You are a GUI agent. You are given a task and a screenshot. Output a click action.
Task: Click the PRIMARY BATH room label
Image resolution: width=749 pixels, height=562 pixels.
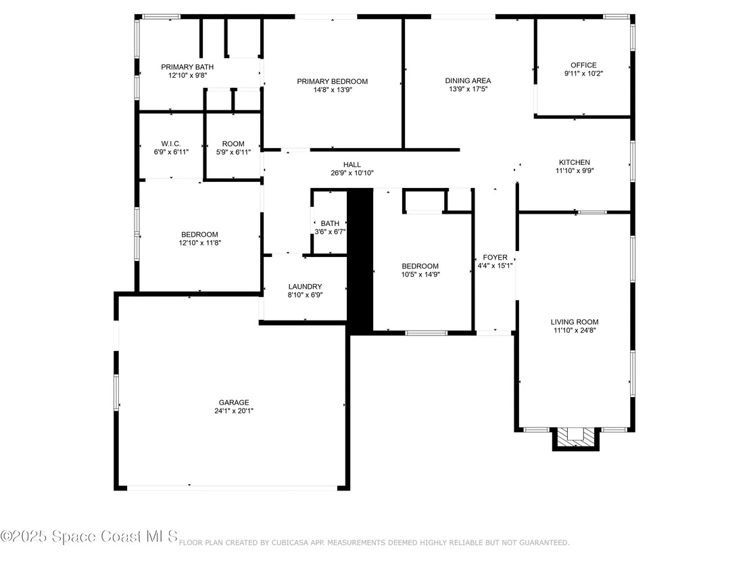click(187, 67)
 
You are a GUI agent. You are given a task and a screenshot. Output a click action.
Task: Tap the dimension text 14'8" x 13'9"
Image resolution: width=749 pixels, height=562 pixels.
click(333, 90)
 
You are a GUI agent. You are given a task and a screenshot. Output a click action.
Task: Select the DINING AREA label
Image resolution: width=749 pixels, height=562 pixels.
click(468, 80)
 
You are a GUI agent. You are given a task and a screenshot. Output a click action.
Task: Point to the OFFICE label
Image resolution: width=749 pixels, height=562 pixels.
click(584, 65)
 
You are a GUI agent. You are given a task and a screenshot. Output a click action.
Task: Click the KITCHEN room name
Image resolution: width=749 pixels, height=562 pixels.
click(575, 162)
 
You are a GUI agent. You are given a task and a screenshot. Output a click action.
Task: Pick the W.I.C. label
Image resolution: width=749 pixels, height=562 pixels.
click(171, 144)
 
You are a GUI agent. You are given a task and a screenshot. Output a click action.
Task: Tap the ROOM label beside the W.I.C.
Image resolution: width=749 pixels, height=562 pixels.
click(233, 144)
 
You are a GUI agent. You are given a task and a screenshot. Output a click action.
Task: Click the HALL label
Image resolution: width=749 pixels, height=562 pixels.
click(352, 165)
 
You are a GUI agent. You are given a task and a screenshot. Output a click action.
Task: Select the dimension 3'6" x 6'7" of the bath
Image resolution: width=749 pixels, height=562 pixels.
click(330, 232)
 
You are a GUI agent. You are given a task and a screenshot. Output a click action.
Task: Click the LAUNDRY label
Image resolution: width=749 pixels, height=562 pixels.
click(306, 287)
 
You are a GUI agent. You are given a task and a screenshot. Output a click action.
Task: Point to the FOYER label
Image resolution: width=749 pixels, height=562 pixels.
click(496, 258)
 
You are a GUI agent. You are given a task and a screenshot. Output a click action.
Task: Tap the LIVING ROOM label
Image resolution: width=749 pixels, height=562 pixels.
click(575, 322)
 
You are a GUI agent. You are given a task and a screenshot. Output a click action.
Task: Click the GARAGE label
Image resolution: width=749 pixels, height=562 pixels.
click(234, 403)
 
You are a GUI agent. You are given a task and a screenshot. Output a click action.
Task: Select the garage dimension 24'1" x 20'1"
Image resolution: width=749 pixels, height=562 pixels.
click(234, 411)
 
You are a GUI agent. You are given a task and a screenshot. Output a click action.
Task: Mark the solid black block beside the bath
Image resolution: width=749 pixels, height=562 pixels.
click(360, 261)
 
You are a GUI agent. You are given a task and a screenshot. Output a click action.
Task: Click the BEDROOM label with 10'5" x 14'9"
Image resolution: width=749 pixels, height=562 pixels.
click(420, 266)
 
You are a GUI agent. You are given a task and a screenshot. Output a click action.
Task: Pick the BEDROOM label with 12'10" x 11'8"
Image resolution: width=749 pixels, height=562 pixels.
click(199, 235)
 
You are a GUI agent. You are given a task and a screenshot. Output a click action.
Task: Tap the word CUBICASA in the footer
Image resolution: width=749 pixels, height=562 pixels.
click(290, 543)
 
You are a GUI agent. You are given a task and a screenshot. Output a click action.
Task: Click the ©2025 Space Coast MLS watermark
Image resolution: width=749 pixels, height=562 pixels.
click(89, 537)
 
